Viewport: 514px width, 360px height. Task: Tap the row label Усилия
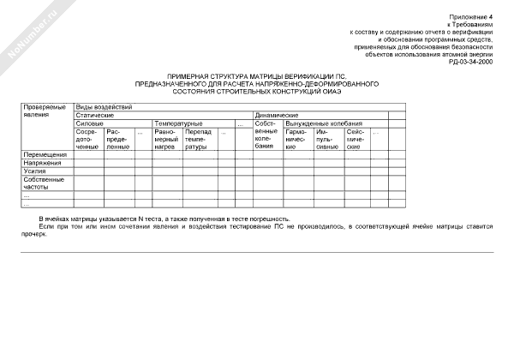pyautogui.click(x=35, y=171)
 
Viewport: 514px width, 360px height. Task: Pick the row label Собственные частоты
pyautogui.click(x=44, y=183)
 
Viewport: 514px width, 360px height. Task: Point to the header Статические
pyautogui.click(x=95, y=115)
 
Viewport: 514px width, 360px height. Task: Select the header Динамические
pyautogui.click(x=277, y=115)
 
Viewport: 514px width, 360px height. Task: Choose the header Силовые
pyautogui.click(x=90, y=123)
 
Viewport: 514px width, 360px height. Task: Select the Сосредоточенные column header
pyautogui.click(x=88, y=140)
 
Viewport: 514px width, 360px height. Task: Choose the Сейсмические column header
pyautogui.click(x=356, y=140)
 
